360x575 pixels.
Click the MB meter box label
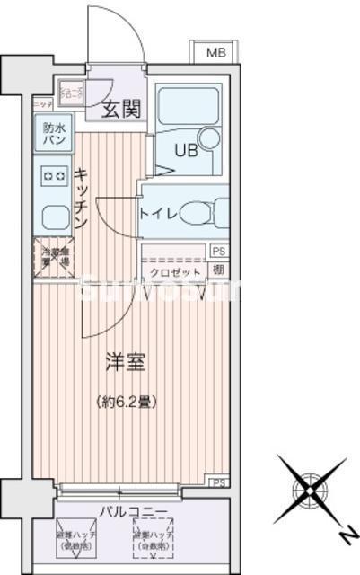[x=215, y=53]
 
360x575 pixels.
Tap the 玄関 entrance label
[x=120, y=110]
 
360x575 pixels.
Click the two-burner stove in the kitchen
[x=52, y=176]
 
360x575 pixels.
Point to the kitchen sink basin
[x=51, y=216]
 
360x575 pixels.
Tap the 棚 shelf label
[x=218, y=270]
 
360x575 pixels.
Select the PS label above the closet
[x=218, y=252]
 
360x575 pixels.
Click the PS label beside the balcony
[x=218, y=483]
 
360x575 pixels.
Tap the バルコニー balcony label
[x=135, y=512]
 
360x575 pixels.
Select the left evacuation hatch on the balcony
[x=77, y=537]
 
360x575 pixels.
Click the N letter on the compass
[x=342, y=535]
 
